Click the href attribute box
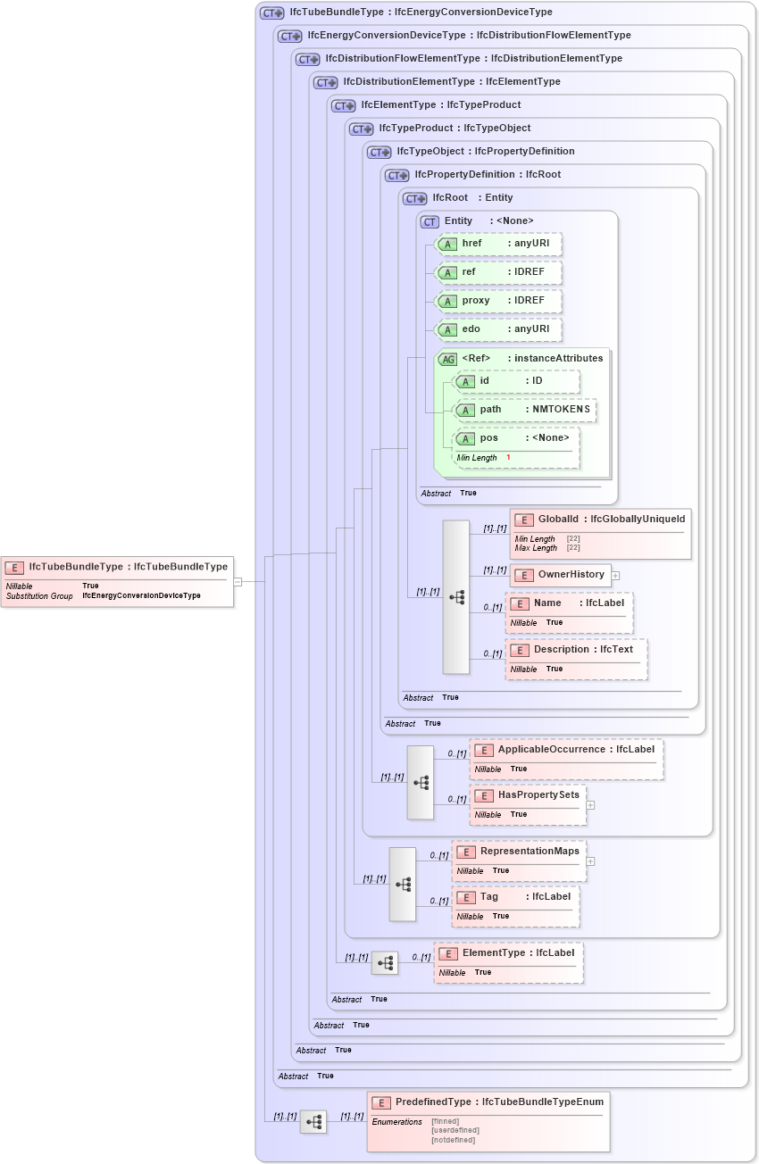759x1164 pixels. coord(497,244)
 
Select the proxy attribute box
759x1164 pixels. coord(497,301)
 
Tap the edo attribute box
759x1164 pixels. coord(497,329)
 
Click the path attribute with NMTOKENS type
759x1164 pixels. coord(524,410)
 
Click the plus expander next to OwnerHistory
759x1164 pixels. coord(615,576)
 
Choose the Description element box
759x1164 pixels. coord(576,659)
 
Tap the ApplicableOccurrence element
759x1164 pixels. coord(566,758)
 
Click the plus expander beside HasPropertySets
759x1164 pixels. coord(590,805)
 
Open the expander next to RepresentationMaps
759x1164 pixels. coord(590,861)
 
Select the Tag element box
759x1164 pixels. coord(515,905)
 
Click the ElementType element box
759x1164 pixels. coord(508,961)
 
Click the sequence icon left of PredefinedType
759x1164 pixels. coord(313,1122)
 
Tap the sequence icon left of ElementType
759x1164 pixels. coord(385,963)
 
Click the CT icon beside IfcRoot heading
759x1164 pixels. coord(415,198)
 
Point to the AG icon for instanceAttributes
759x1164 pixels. coord(446,359)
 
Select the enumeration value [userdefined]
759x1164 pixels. coord(455,1130)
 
